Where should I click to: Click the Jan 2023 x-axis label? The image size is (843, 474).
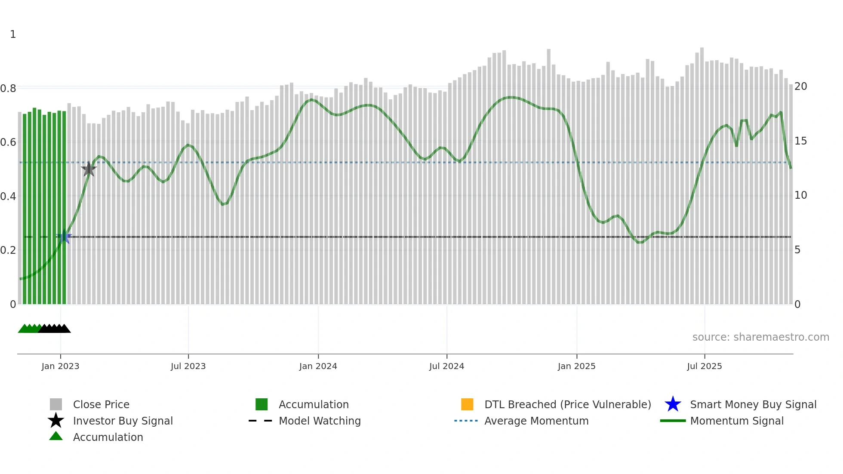60,366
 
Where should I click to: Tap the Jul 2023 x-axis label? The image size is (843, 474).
188,366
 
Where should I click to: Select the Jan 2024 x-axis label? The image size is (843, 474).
318,366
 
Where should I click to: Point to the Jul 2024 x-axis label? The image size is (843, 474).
446,366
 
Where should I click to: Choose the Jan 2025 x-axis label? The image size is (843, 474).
576,366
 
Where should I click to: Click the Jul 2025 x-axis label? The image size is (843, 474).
704,366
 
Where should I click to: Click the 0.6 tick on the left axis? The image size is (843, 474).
8,142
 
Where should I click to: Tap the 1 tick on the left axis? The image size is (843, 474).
13,34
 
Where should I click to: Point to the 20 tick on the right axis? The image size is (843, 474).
800,86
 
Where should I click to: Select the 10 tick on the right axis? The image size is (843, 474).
800,195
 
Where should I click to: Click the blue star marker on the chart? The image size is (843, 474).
64,237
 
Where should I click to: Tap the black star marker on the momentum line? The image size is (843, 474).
89,169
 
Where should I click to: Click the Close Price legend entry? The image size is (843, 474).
101,405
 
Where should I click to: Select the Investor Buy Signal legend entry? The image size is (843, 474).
123,421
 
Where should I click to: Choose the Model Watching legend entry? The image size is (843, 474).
320,421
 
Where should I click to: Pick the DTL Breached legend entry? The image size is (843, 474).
567,405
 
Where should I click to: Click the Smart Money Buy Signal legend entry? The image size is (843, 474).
753,405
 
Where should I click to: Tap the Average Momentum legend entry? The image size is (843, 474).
536,421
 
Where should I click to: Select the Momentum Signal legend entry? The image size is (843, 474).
736,421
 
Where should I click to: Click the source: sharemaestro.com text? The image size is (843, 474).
760,337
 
